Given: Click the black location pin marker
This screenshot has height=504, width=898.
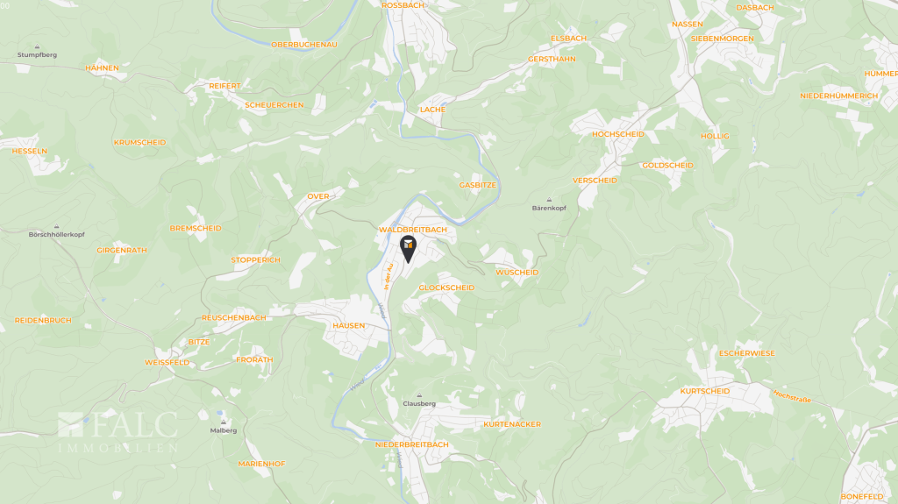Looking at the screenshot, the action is [x=408, y=247].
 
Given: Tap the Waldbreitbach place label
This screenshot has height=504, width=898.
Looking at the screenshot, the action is [x=412, y=230].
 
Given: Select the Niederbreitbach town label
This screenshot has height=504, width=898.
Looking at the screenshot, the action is [x=411, y=444].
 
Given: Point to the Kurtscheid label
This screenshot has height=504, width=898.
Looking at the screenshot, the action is [x=704, y=391].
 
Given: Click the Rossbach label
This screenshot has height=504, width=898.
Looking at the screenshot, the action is [x=403, y=5].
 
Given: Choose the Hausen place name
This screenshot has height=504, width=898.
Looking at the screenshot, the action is [x=348, y=325].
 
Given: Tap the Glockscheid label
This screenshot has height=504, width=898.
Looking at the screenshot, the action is [x=446, y=287].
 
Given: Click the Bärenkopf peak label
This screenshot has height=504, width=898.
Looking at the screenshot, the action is [x=550, y=209].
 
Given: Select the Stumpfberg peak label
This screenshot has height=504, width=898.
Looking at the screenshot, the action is [x=37, y=54].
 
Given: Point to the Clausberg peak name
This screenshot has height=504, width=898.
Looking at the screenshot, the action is [x=419, y=403].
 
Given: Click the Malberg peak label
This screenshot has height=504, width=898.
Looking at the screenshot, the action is [x=224, y=430].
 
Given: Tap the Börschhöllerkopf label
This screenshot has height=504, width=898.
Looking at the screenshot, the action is [x=56, y=235].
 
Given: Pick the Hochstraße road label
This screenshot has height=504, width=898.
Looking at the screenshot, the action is [x=792, y=397].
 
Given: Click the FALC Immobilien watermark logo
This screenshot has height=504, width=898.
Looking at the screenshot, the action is [x=118, y=433].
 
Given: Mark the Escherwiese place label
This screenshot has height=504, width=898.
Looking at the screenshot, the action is [x=746, y=352].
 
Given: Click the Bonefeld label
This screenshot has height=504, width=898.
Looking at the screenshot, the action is [x=862, y=496].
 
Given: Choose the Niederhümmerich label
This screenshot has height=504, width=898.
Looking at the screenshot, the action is [x=839, y=96].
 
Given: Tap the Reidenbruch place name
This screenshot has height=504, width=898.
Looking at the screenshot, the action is [x=43, y=320].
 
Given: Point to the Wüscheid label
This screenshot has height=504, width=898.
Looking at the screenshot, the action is [x=517, y=273].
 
